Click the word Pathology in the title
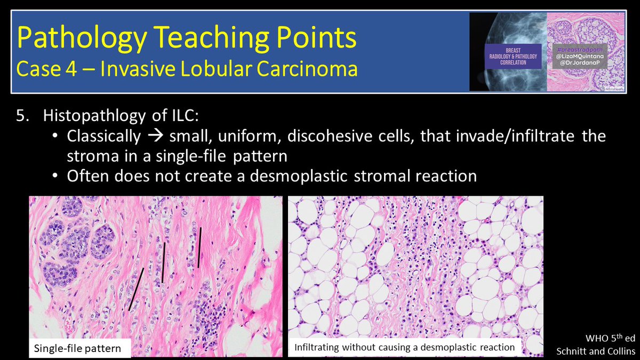click(x=82, y=38)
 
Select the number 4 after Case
click(x=71, y=69)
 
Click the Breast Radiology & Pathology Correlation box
click(x=513, y=57)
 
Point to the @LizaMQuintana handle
click(x=580, y=57)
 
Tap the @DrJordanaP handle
click(x=580, y=62)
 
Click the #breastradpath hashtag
click(x=580, y=50)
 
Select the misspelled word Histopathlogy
click(x=94, y=115)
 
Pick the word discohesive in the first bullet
click(x=330, y=136)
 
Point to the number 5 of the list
click(x=22, y=115)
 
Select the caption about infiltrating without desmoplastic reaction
click(x=405, y=347)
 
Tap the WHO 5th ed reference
click(x=611, y=338)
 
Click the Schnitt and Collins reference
click(x=596, y=351)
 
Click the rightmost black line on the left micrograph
click(x=199, y=247)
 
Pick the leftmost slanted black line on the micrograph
click(x=136, y=289)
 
